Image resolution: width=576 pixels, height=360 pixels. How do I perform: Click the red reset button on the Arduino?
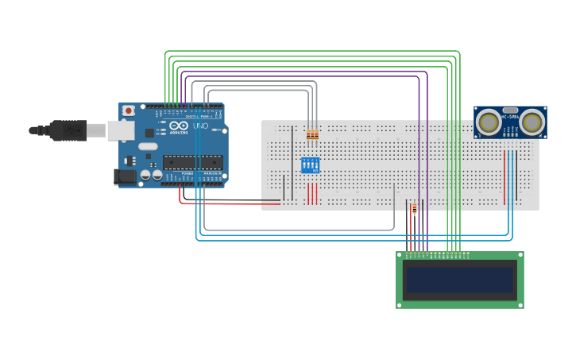[x=128, y=111]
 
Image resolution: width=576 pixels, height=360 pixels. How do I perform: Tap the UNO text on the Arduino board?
[x=201, y=126]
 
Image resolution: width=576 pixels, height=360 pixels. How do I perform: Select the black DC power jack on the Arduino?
[x=124, y=176]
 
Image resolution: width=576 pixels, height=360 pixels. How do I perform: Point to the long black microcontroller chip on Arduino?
[x=193, y=162]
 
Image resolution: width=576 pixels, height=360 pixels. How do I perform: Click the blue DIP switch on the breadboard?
[x=310, y=165]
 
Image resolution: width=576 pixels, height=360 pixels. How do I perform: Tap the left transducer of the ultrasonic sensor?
[x=489, y=122]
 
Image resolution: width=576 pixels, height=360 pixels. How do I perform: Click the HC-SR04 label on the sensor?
[x=510, y=117]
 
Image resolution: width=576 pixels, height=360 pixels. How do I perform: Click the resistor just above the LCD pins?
[x=414, y=209]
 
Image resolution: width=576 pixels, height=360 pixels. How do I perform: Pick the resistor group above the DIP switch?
[x=312, y=134]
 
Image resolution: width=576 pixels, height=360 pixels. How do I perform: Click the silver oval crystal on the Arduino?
[x=149, y=146]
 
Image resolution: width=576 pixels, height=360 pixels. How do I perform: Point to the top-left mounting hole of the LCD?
[x=400, y=255]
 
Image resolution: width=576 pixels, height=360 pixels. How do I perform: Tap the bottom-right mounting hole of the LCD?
[x=520, y=304]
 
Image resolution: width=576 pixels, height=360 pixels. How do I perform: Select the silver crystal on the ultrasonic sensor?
[x=510, y=110]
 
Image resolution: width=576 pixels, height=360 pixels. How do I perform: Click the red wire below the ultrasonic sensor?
[x=504, y=175]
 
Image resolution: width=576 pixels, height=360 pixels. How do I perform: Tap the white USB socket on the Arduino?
[x=121, y=130]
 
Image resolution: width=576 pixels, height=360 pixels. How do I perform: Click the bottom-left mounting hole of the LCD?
[x=400, y=304]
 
